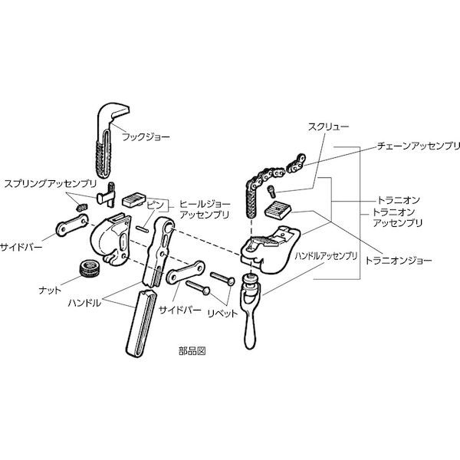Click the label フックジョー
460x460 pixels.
click(x=146, y=136)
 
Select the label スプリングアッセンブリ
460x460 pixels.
click(x=50, y=184)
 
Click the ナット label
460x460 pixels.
click(x=50, y=291)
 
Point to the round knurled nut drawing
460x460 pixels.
click(x=90, y=268)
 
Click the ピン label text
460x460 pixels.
click(x=155, y=205)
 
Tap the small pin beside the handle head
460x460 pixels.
click(x=141, y=228)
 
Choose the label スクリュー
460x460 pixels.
click(x=328, y=127)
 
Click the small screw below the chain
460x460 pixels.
click(x=271, y=192)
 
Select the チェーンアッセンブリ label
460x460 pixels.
click(x=418, y=146)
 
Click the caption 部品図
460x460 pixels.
click(x=192, y=351)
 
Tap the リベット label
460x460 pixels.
click(x=222, y=314)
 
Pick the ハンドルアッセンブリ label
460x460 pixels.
click(x=327, y=256)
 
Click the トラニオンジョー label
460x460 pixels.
click(x=398, y=260)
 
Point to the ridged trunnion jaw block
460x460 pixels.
click(x=278, y=209)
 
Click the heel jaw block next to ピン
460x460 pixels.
click(x=133, y=200)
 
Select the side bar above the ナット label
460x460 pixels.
click(x=72, y=225)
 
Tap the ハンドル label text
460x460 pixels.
click(x=84, y=303)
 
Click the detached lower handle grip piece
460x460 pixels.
click(x=141, y=324)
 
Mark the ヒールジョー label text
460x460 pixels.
click(x=205, y=204)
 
